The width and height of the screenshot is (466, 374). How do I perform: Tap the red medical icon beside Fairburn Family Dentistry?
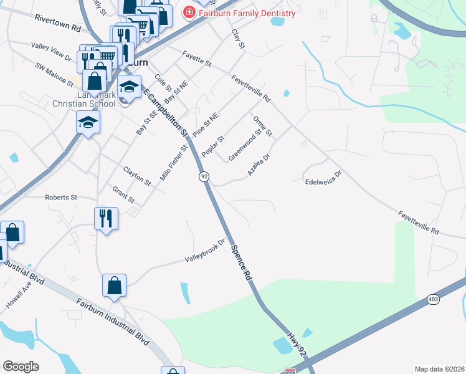(x=188, y=12)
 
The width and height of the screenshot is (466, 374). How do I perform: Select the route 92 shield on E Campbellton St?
(x=204, y=177)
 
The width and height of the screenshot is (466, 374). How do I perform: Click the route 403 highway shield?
(x=433, y=300)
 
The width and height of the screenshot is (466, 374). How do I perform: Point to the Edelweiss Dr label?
(x=324, y=178)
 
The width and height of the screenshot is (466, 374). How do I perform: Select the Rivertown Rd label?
(x=58, y=24)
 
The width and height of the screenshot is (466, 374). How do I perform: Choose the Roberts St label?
(x=60, y=197)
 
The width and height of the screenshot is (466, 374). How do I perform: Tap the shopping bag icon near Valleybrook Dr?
(x=115, y=286)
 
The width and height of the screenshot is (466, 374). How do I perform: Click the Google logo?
(x=21, y=367)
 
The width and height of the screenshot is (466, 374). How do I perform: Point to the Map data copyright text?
(x=439, y=369)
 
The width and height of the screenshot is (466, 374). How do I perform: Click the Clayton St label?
(x=137, y=176)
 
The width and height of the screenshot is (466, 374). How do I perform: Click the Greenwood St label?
(x=245, y=145)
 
